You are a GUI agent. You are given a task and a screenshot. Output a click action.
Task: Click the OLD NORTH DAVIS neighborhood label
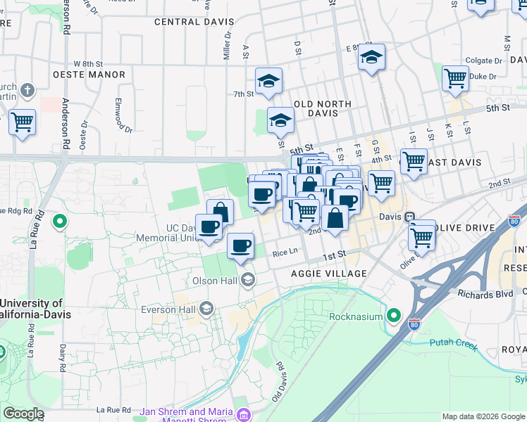pyautogui.click(x=323, y=109)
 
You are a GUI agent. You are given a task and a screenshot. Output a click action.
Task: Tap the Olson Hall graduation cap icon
pyautogui.click(x=247, y=281)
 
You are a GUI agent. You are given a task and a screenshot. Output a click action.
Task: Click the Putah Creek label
pyautogui.click(x=454, y=343)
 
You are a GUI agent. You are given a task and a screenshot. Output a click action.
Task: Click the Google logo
pyautogui.click(x=23, y=414)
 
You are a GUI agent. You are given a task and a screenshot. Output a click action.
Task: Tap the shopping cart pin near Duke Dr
pyautogui.click(x=455, y=78)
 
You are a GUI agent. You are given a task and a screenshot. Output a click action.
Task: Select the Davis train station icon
pyautogui.click(x=409, y=217)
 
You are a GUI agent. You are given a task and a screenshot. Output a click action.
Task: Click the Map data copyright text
pyautogui.click(x=483, y=416)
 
